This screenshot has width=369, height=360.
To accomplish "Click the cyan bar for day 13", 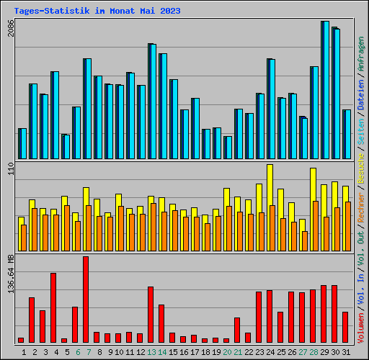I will coord(152,101).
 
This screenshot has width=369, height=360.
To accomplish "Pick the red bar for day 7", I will coord(86,299).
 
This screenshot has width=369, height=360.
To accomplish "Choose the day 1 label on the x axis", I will coord(24,352).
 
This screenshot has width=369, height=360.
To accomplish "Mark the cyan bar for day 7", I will coord(87,108).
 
